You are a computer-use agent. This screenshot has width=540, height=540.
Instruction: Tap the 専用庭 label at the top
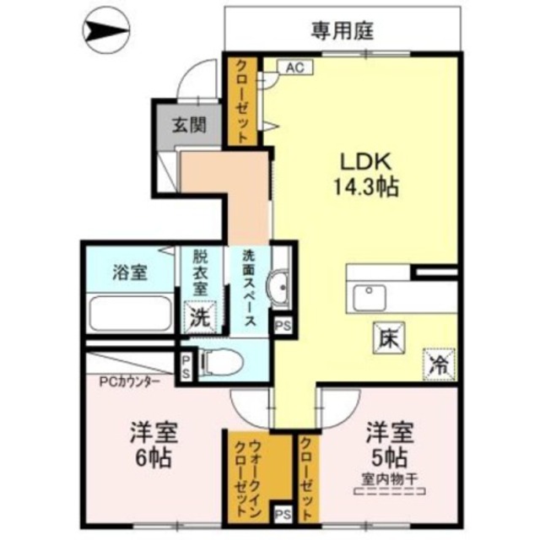click(342, 32)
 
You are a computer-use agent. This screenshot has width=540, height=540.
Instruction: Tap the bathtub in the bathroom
click(131, 314)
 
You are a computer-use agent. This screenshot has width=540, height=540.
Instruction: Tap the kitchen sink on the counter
click(370, 297)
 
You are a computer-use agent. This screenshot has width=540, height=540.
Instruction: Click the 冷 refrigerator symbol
click(439, 363)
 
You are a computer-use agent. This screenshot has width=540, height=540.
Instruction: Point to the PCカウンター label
click(129, 381)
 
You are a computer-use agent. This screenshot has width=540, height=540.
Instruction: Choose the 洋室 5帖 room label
click(389, 445)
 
